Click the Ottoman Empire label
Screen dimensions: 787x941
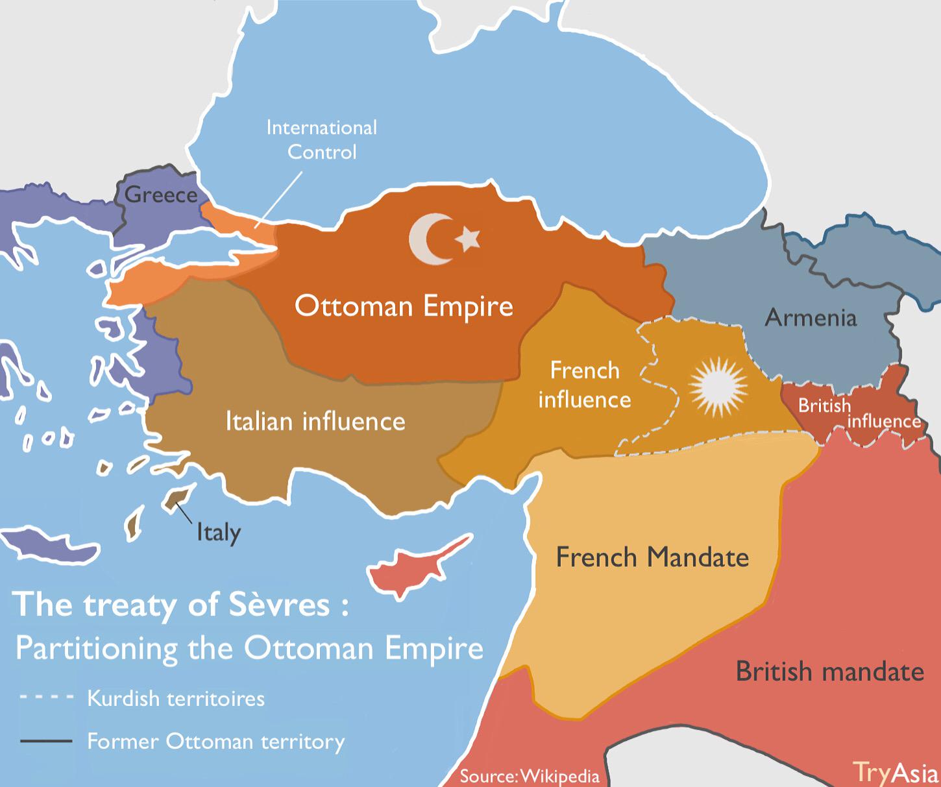coord(404,306)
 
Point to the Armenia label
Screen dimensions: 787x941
coord(811,317)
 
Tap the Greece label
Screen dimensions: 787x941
coord(160,194)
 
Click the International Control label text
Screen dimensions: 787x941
coord(322,139)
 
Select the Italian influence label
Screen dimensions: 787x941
coord(315,421)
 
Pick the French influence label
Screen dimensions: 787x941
coord(584,385)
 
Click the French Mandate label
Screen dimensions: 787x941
coord(652,557)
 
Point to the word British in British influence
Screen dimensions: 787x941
coord(824,406)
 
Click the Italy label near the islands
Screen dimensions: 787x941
coord(219,533)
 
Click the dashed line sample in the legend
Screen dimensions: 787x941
coord(45,699)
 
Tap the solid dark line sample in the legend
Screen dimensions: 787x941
coord(45,741)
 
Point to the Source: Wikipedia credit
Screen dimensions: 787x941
coord(529,775)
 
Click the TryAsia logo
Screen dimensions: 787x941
coord(895,771)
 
